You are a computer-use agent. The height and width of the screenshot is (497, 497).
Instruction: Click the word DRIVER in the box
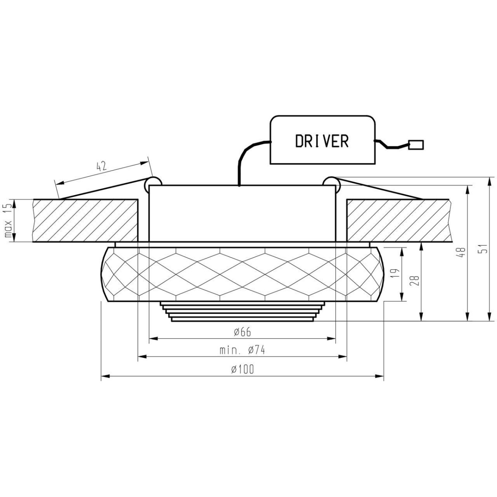point(322,141)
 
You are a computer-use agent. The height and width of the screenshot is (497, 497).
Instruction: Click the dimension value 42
point(101,166)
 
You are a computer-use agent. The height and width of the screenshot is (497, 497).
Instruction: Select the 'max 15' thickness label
point(7,221)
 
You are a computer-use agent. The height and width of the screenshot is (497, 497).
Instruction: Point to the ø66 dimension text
point(242,332)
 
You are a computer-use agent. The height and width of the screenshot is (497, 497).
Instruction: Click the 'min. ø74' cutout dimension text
point(242,350)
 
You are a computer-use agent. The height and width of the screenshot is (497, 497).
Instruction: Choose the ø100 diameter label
point(242,370)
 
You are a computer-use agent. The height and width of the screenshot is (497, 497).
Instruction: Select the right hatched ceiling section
point(398,220)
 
